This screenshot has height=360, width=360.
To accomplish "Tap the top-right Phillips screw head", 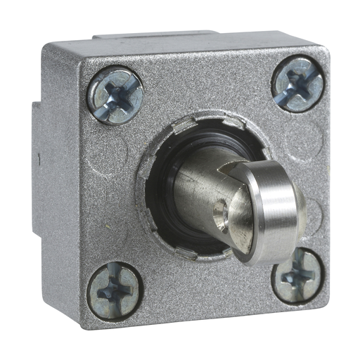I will (x=296, y=84).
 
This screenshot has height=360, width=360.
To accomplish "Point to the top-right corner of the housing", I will (x=324, y=53).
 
